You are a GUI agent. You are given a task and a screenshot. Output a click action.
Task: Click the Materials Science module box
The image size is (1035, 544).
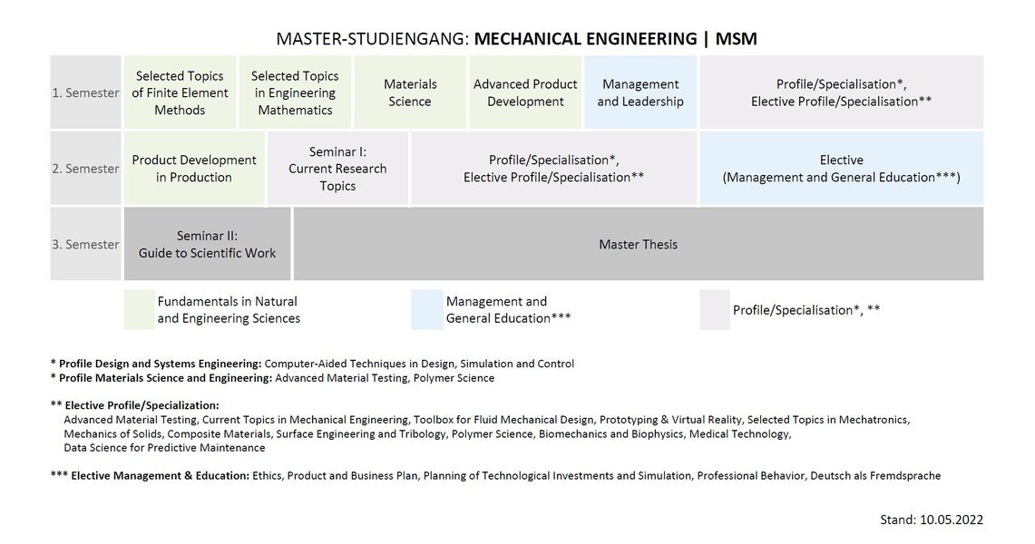(x=410, y=92)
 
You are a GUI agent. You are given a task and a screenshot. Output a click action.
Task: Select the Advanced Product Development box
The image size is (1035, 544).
(x=525, y=92)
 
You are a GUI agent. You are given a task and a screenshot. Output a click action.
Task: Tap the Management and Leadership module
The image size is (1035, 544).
(x=640, y=92)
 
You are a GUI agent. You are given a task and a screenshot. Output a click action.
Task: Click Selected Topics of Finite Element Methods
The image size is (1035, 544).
(x=180, y=92)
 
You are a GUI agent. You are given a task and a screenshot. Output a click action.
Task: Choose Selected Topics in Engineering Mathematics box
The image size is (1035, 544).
(x=295, y=92)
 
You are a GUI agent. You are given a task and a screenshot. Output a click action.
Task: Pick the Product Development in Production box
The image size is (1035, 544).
(x=194, y=168)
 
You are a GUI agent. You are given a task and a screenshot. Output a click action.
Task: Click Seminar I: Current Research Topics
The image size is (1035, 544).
(x=337, y=168)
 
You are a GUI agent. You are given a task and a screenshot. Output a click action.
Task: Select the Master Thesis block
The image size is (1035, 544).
(x=639, y=244)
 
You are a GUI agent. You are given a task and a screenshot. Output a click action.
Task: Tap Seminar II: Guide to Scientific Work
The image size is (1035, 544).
(x=207, y=244)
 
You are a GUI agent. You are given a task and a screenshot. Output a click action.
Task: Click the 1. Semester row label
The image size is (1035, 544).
(x=86, y=93)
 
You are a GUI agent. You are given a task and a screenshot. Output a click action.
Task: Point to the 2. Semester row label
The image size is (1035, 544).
(x=86, y=169)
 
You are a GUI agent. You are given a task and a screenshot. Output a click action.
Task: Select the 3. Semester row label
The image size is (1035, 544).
(x=86, y=245)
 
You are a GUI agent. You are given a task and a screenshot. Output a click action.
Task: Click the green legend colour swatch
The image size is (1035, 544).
(x=139, y=309)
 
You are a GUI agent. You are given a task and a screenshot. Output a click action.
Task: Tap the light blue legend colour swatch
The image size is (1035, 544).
(x=426, y=309)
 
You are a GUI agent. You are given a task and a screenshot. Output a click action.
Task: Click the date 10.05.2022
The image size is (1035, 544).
(x=952, y=520)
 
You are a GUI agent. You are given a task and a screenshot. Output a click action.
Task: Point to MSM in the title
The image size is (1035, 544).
(x=736, y=39)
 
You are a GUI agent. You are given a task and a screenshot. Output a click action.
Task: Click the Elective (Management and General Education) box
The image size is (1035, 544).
(x=842, y=168)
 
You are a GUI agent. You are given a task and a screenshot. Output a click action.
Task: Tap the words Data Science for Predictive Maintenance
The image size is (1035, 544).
(x=164, y=448)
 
